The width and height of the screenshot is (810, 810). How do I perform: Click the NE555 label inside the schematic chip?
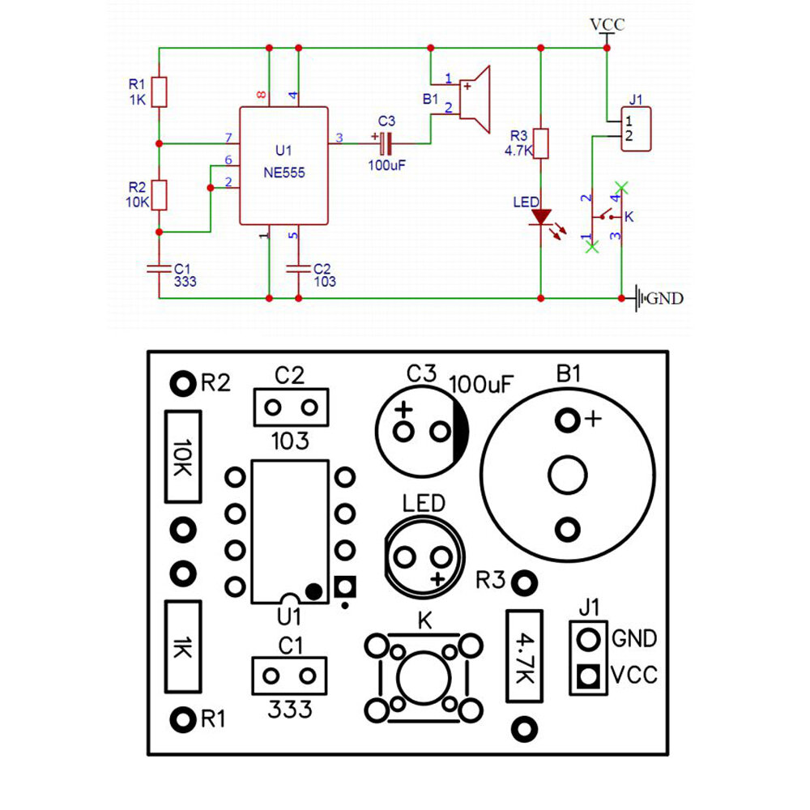pyautogui.click(x=284, y=173)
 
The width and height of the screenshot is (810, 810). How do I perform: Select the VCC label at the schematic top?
pyautogui.click(x=607, y=24)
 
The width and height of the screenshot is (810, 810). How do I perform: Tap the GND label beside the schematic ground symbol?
pyautogui.click(x=665, y=299)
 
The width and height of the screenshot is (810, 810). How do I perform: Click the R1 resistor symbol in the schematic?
pyautogui.click(x=159, y=92)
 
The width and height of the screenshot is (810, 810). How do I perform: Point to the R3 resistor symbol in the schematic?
pyautogui.click(x=541, y=143)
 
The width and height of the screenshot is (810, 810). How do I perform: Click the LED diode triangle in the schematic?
pyautogui.click(x=541, y=217)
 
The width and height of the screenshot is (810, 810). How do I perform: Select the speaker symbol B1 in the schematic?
pyautogui.click(x=474, y=99)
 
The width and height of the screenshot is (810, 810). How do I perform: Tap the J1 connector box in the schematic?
pyautogui.click(x=636, y=129)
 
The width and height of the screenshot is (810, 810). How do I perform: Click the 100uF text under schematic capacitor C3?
pyautogui.click(x=387, y=165)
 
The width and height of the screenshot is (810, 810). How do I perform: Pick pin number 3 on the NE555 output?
pyautogui.click(x=339, y=138)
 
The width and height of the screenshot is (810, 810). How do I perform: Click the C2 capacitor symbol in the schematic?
pyautogui.click(x=299, y=269)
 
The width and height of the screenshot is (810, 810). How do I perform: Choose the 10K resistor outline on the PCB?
pyautogui.click(x=183, y=457)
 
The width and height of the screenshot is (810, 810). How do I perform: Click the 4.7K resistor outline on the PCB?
pyautogui.click(x=524, y=656)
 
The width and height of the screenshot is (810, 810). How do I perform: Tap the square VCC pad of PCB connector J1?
pyautogui.click(x=588, y=676)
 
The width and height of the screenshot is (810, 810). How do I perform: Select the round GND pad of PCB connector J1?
pyautogui.click(x=588, y=640)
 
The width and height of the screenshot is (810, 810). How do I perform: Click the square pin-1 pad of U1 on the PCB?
pyautogui.click(x=345, y=586)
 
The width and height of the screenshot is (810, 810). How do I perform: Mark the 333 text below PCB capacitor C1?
pyautogui.click(x=290, y=710)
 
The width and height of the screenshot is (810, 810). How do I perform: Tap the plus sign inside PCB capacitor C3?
pyautogui.click(x=403, y=410)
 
